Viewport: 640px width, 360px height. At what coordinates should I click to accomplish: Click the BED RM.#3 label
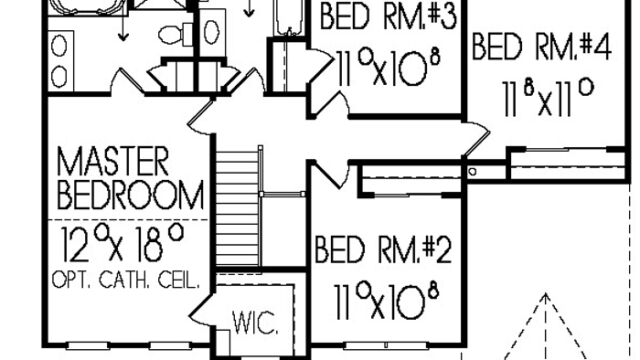(387, 16)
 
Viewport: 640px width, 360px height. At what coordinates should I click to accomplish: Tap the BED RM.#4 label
(542, 47)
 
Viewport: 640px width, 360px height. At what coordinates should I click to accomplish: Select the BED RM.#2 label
(383, 249)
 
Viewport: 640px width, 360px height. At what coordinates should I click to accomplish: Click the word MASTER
(113, 162)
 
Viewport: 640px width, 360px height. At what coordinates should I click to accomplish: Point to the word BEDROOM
(130, 195)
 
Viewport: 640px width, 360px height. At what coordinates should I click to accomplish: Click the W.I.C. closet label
(256, 322)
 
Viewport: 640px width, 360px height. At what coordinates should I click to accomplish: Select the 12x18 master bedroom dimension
(122, 243)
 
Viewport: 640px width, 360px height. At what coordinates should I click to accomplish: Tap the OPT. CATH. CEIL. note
(126, 280)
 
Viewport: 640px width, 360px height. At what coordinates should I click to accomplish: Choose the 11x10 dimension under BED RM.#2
(387, 302)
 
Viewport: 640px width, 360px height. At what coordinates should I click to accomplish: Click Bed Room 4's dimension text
(547, 99)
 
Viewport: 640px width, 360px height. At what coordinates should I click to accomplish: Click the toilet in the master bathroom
(176, 34)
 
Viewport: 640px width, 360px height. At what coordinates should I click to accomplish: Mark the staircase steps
(237, 208)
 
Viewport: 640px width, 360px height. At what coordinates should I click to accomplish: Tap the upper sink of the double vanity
(60, 47)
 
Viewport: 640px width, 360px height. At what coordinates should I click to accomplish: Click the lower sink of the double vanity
(60, 76)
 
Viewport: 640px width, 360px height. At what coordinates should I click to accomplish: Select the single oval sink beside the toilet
(211, 32)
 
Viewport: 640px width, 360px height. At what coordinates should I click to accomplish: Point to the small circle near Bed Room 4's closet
(472, 171)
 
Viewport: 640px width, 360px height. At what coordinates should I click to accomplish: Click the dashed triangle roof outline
(545, 327)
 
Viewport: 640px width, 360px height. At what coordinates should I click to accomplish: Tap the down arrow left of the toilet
(123, 28)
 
